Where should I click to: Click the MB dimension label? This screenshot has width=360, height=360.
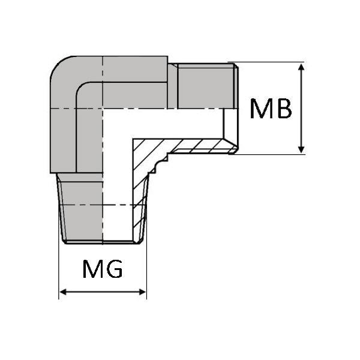click(271, 109)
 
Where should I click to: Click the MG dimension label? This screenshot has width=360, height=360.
click(103, 269)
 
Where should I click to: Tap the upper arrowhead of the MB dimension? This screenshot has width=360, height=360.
click(301, 67)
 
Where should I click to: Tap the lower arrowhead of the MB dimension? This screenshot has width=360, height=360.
click(301, 149)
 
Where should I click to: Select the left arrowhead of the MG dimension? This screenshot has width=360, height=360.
click(63, 292)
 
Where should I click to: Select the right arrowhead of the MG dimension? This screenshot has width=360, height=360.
click(143, 292)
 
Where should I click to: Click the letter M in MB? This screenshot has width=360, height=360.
click(260, 109)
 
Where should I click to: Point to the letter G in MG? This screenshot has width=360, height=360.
click(113, 269)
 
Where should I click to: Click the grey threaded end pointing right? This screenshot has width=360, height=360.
click(207, 86)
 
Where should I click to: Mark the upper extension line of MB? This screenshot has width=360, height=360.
click(266, 62)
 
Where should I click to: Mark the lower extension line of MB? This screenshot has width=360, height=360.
click(266, 155)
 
